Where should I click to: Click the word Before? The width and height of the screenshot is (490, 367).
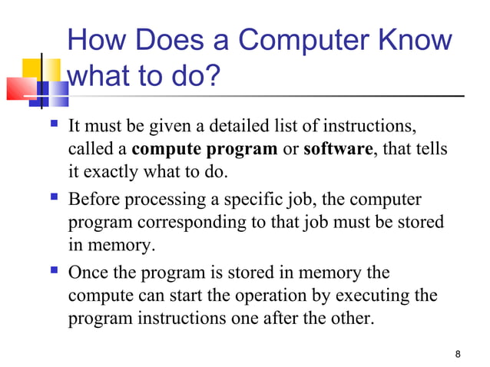tap(94, 200)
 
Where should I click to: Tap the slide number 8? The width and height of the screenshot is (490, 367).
tap(458, 354)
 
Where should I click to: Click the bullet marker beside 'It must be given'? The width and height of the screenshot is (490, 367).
tap(52, 124)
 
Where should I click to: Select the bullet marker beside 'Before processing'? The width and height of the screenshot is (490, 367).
tap(52, 200)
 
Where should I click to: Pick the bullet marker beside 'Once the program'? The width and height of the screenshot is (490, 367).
tap(52, 273)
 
